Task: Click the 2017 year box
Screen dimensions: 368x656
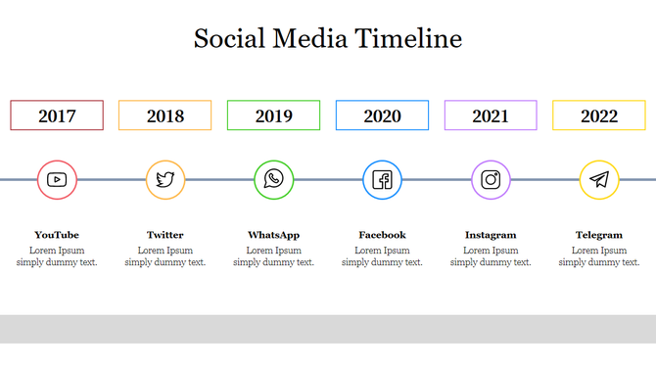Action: click(57, 115)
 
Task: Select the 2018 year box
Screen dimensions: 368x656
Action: click(165, 115)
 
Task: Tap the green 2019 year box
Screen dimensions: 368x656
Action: click(274, 115)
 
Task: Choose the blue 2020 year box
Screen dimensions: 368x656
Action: click(382, 115)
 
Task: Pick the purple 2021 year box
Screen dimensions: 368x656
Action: click(491, 115)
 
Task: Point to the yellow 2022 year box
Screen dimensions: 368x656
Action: click(599, 115)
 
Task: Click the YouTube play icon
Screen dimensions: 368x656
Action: click(57, 179)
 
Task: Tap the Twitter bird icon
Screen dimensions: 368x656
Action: click(165, 179)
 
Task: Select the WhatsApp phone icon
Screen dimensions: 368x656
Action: click(273, 179)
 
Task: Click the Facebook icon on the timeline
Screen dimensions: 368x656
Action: click(382, 179)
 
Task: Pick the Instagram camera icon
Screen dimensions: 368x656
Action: click(491, 179)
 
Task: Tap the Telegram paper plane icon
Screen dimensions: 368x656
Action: click(599, 179)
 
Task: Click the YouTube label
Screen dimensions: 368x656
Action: click(57, 235)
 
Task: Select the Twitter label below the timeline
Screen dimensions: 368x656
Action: click(165, 235)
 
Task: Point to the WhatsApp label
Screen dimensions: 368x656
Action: click(273, 235)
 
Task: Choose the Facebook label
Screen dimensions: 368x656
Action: click(382, 235)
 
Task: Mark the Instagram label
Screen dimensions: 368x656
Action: click(491, 235)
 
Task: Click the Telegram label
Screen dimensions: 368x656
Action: click(599, 235)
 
